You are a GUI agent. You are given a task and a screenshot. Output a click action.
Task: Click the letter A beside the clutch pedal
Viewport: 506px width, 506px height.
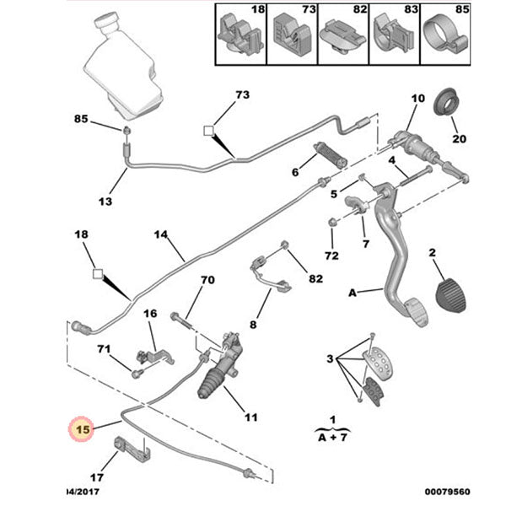[x=353, y=293]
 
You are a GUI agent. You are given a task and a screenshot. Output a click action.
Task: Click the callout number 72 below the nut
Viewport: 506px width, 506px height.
[x=331, y=255]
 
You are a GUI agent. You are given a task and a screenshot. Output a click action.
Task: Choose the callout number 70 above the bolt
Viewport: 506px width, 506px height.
[x=207, y=280]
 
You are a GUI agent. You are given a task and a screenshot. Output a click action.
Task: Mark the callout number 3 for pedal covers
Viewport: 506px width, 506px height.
[x=330, y=360]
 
